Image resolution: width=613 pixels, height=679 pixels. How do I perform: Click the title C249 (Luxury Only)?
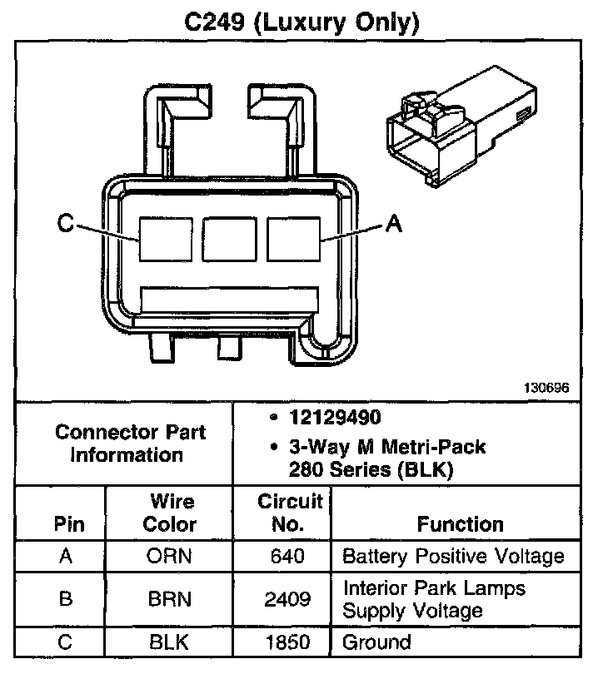(302, 22)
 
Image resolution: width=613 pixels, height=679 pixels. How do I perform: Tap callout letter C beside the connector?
(66, 224)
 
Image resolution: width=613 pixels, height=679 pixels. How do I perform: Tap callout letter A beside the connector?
(394, 224)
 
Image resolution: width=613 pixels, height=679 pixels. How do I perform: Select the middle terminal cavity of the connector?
(229, 240)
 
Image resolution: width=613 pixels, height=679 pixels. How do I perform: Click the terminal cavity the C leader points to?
(166, 240)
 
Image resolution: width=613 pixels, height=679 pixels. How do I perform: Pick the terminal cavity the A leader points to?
(293, 240)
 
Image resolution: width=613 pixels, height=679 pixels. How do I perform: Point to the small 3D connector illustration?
(461, 126)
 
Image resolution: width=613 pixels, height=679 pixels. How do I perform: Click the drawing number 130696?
(546, 388)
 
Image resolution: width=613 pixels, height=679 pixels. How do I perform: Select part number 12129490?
(335, 418)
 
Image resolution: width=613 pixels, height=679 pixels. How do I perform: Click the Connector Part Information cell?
(130, 444)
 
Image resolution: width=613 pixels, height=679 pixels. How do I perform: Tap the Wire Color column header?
(170, 513)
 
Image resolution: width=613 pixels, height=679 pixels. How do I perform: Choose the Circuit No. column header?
(290, 513)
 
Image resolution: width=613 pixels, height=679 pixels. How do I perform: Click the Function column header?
(460, 524)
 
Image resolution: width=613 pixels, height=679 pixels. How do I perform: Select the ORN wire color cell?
(169, 556)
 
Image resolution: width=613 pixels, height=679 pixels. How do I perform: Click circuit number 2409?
(287, 599)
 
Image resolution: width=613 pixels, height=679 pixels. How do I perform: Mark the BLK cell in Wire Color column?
(169, 642)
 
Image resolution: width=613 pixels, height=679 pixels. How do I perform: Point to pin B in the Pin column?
(66, 599)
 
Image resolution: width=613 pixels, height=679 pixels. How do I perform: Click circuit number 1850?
(287, 642)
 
